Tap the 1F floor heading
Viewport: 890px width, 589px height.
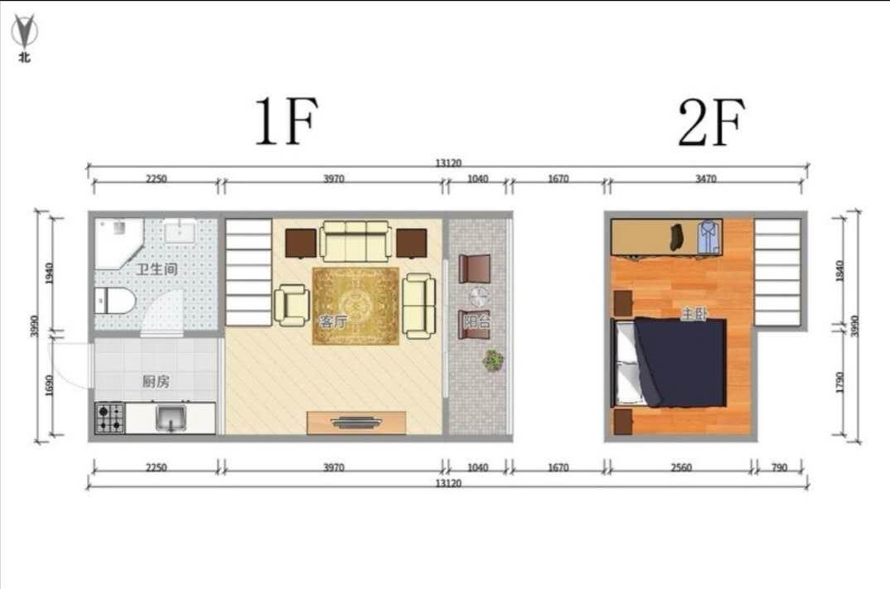coord(286,121)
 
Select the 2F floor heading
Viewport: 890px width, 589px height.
coord(711,123)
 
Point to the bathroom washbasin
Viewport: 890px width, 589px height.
coord(181,230)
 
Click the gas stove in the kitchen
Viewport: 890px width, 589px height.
coord(110,418)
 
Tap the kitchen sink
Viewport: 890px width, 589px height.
coord(171,418)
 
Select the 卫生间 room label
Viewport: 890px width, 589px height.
coord(157,268)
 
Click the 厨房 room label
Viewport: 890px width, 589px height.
coord(156,381)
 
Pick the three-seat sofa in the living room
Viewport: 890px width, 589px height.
coord(356,240)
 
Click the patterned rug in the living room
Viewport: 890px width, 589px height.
coord(356,306)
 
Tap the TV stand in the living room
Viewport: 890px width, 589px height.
coord(356,422)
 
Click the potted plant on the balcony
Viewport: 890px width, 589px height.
coord(493,360)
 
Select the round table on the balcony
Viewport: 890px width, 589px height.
coord(478,297)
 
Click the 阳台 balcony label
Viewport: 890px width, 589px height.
coord(476,321)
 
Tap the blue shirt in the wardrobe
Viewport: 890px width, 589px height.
coord(709,236)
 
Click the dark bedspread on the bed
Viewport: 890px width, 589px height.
coord(681,362)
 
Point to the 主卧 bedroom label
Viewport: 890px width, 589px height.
coord(694,313)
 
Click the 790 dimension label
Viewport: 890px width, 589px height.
coord(779,467)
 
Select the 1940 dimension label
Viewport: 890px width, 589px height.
coord(50,273)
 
